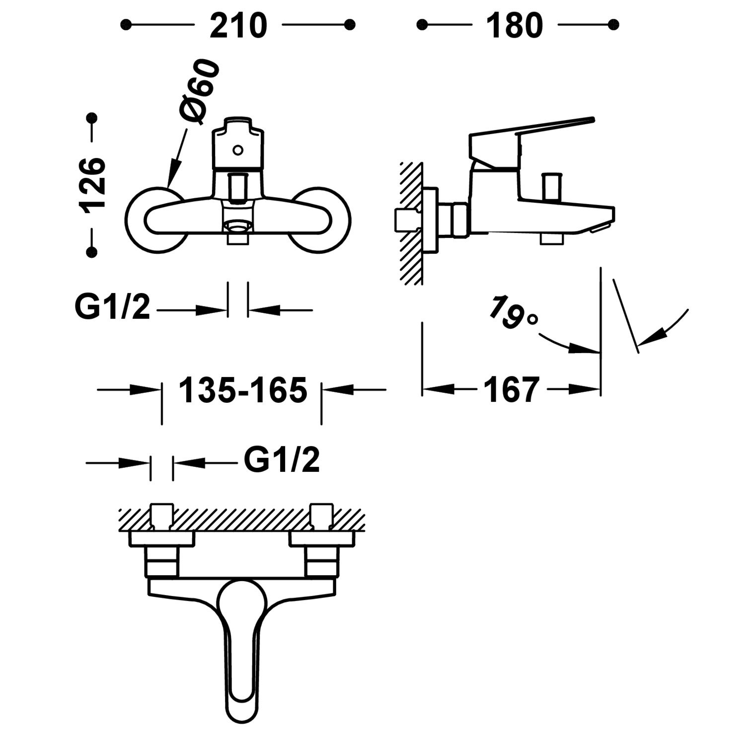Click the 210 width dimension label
tap(238, 26)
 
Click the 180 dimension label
tap(515, 26)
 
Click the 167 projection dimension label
tap(512, 390)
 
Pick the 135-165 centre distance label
tap(243, 390)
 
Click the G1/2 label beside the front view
tap(112, 307)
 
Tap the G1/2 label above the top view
tap(282, 460)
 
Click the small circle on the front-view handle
tap(238, 149)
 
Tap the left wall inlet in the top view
tap(162, 517)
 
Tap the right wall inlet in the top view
tap(321, 517)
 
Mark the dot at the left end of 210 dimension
tap(127, 24)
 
